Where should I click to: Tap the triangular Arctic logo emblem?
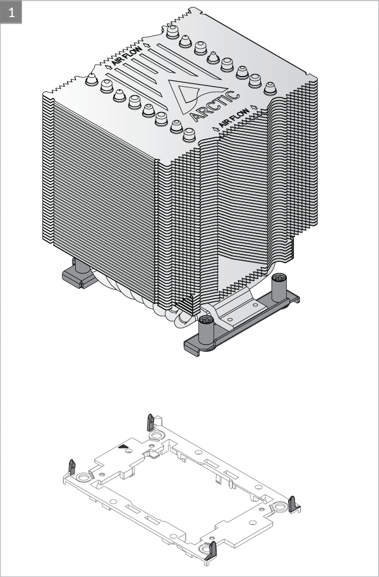click(x=190, y=94)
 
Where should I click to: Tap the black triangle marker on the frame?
click(x=123, y=447)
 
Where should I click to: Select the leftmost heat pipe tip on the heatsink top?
click(x=91, y=80)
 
